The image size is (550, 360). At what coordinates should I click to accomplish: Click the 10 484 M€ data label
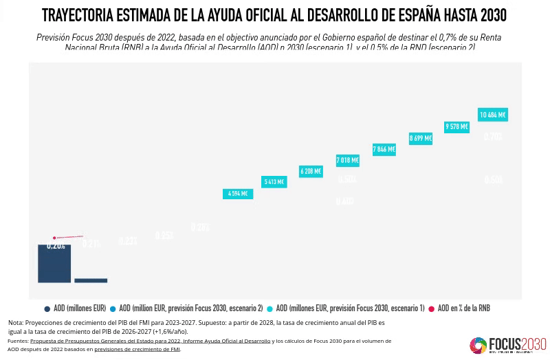pos(492,115)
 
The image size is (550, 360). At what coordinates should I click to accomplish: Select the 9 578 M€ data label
pos(456,126)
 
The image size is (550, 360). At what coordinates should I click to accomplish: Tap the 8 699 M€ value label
pos(420,138)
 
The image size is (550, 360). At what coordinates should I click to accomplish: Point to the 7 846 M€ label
pos(384,149)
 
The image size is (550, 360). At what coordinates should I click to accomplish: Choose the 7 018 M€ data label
pos(347,160)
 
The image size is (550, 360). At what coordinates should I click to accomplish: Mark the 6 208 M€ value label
pos(311,171)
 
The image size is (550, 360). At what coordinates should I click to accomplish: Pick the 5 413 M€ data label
pos(274,182)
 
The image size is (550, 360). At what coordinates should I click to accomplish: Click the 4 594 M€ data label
pos(238,194)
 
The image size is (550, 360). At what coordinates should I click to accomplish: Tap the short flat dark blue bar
pos(91,280)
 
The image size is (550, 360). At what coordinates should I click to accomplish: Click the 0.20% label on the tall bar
pos(56,246)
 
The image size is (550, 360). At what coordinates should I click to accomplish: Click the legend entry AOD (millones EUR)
pos(75,309)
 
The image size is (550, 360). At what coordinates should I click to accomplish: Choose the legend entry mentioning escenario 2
pos(186,309)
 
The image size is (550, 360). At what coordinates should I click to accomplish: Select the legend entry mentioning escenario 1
pos(345,309)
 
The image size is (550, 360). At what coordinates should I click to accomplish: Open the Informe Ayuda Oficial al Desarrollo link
pos(226,341)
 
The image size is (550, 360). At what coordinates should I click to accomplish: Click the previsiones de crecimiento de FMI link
pos(137,349)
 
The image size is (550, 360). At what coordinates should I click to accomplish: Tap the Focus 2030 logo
pos(507,344)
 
